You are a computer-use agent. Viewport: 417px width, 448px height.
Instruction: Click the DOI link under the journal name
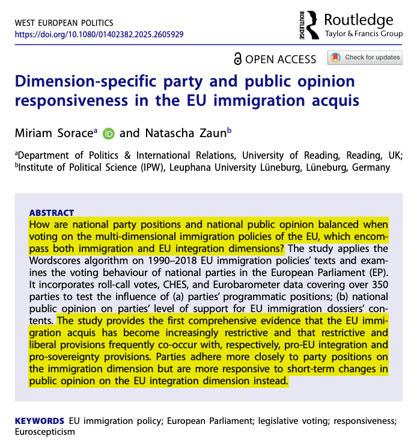click(x=99, y=34)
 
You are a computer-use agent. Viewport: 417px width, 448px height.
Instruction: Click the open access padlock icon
click(x=239, y=58)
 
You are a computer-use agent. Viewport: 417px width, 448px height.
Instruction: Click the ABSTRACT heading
click(x=51, y=213)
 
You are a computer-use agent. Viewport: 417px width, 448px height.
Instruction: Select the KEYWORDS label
click(x=38, y=419)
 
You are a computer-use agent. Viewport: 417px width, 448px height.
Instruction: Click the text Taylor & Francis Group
click(x=364, y=34)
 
